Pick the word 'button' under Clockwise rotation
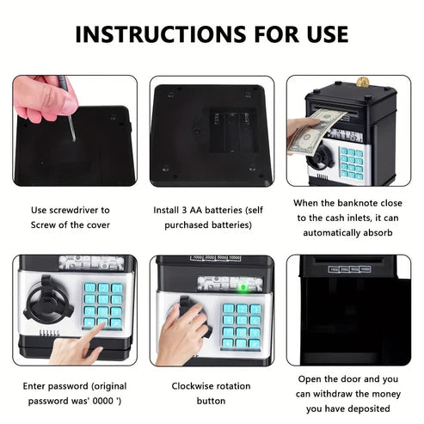click(x=211, y=401)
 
